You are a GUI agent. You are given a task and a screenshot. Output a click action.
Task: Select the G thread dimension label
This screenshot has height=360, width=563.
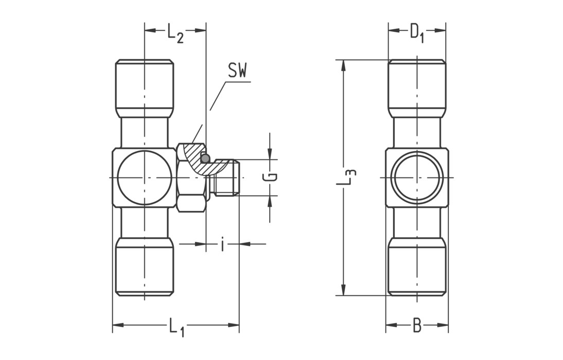(x=271, y=177)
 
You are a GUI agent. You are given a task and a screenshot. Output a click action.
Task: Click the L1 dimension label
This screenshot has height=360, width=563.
(x=176, y=327)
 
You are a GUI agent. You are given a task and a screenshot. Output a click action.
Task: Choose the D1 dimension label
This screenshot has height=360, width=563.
(x=416, y=33)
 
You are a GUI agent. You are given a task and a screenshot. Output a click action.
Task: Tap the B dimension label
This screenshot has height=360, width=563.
(x=417, y=326)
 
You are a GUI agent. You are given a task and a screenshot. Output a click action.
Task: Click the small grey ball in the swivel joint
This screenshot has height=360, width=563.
(x=205, y=159)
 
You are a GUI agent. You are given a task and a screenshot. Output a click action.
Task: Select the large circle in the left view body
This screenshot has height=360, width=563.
(x=144, y=178)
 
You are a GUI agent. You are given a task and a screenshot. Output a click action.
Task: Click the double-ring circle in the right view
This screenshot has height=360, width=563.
(x=417, y=178)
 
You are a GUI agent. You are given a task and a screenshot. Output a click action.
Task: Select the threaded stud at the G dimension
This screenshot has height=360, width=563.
(x=227, y=177)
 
